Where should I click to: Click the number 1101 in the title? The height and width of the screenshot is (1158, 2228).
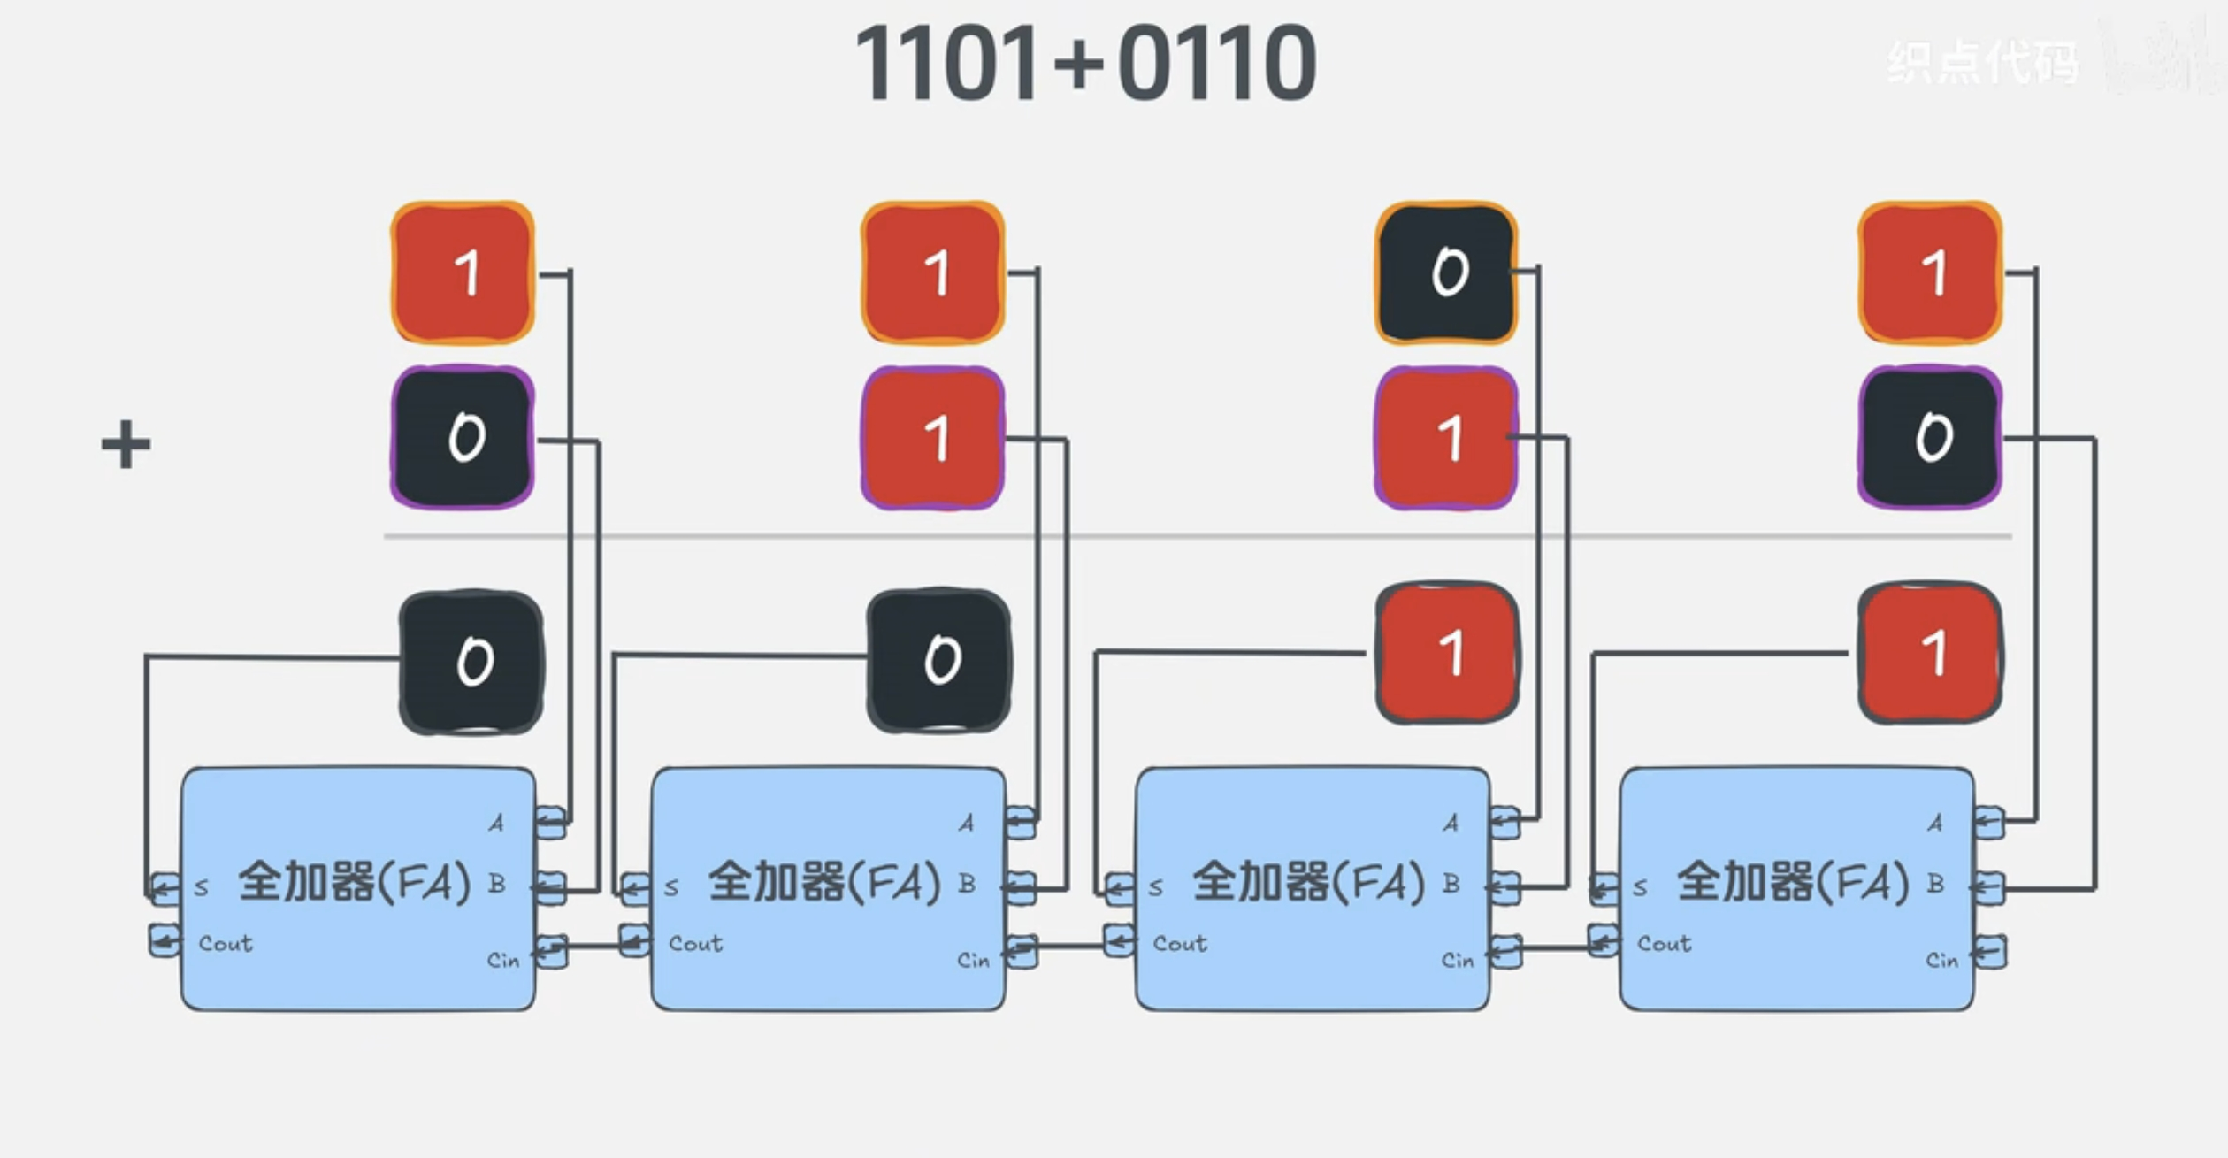946,64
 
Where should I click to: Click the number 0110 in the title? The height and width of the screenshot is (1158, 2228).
1217,64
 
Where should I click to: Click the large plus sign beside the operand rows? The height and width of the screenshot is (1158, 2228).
126,444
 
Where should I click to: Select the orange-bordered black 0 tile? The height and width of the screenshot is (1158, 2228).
1447,272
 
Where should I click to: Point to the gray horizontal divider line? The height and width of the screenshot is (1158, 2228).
1194,536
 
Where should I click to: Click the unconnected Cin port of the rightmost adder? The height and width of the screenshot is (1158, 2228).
1989,952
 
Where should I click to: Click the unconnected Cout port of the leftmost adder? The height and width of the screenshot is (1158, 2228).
165,939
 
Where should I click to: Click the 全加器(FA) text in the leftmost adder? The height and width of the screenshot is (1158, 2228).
355,883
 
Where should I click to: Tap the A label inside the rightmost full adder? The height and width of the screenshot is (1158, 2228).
1935,824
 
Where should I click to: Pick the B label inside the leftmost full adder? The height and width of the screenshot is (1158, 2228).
497,883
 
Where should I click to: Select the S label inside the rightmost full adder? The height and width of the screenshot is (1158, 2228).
1641,886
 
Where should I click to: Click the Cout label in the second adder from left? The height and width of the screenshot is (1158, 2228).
695,944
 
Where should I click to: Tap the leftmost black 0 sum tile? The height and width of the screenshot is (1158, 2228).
471,662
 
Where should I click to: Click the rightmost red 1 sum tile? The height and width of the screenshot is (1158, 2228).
1931,653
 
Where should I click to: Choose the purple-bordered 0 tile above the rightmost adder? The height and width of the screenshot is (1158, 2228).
1931,438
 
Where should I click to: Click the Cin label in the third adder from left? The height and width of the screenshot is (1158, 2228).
1458,961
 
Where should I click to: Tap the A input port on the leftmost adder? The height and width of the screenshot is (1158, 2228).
550,822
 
